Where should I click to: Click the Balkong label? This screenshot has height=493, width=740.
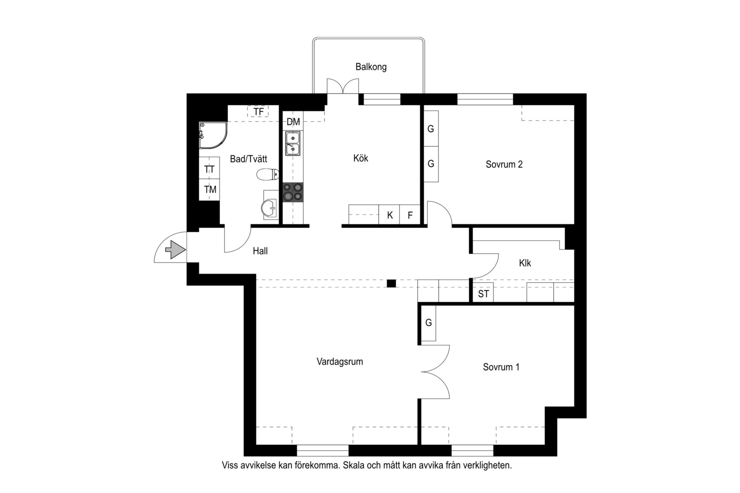coord(371,67)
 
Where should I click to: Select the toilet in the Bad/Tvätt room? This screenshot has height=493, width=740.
coord(268,174)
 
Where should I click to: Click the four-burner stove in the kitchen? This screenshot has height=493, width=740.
coord(293,192)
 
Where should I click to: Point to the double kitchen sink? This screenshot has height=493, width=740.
coord(293,143)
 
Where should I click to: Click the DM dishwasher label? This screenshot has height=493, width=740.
coord(293,122)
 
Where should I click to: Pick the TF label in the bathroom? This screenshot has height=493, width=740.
coord(259,112)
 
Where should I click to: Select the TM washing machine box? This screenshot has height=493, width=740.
coord(209,190)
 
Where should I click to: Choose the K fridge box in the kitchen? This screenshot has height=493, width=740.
coord(389,215)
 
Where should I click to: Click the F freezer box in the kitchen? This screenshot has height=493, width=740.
coord(410,215)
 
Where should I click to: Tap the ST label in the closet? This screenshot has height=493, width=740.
coord(483,294)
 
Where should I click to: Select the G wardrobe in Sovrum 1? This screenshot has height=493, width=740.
coord(429,323)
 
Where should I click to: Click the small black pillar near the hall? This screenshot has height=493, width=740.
coord(392,283)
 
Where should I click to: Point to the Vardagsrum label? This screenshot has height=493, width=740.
coord(340,362)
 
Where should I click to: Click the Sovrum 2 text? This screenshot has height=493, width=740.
coord(504,164)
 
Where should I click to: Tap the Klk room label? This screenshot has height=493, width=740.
coord(525,263)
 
